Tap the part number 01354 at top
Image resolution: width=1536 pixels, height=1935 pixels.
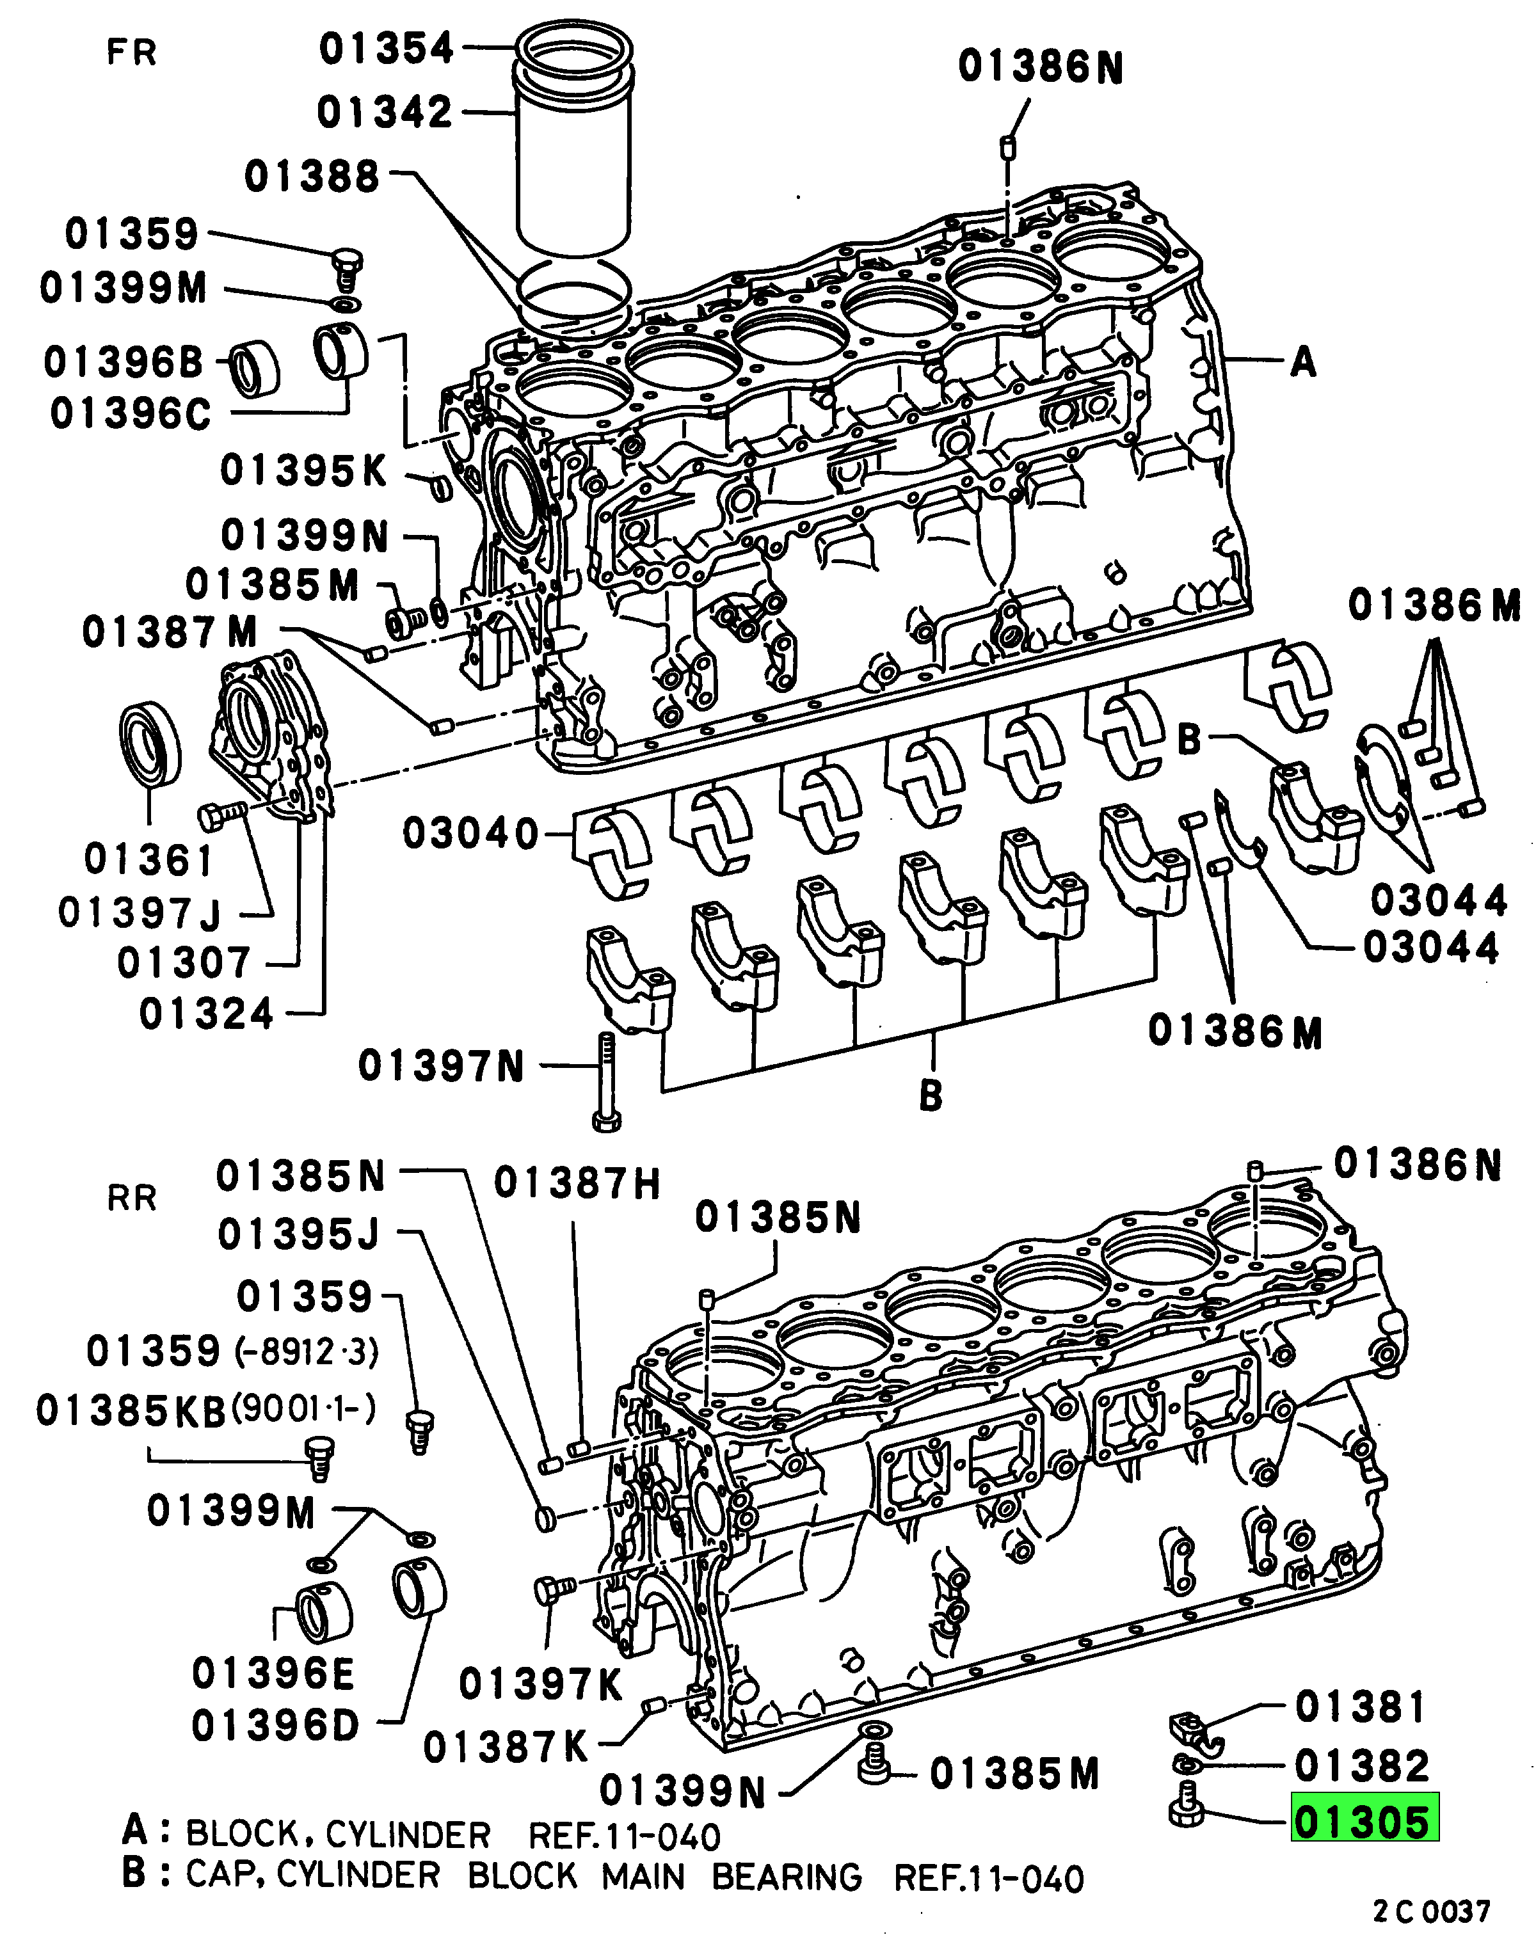click(387, 49)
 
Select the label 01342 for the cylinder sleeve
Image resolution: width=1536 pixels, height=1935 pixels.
click(385, 113)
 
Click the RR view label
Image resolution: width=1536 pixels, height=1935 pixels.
click(132, 1198)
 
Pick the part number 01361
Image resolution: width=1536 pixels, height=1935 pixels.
click(149, 860)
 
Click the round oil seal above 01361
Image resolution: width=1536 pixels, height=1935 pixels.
click(150, 745)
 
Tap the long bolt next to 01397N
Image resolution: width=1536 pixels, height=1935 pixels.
click(606, 1081)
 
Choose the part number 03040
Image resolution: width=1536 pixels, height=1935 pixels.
click(470, 834)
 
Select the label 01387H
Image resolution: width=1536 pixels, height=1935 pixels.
click(577, 1184)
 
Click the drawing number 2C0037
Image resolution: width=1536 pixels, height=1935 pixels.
click(1431, 1910)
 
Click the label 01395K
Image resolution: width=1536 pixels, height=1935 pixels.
click(303, 470)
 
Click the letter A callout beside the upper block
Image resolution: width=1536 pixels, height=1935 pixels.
click(1302, 363)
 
